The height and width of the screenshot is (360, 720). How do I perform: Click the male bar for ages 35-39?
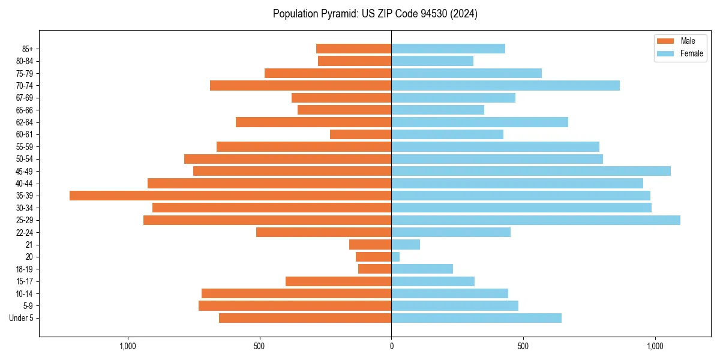pos(230,196)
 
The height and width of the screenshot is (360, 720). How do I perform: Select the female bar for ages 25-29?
pos(536,220)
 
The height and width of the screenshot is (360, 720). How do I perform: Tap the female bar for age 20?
pos(395,257)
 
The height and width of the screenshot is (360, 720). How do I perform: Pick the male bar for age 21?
pos(370,245)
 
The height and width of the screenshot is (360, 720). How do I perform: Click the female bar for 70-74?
pos(505,86)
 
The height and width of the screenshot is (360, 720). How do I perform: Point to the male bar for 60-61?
pos(361,134)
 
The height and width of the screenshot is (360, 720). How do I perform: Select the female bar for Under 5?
pos(476,318)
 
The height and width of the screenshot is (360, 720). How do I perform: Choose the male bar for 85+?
pos(354,49)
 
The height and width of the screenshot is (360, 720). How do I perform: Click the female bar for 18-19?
pos(422,269)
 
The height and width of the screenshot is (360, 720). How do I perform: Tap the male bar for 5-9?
pos(295,306)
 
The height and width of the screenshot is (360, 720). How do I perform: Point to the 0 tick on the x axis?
pos(391,346)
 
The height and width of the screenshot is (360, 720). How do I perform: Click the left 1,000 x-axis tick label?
pos(128,346)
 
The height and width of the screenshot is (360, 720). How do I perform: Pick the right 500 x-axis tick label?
pos(523,346)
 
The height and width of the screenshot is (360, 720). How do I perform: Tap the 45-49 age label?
pos(25,172)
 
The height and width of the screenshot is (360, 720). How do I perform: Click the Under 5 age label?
pos(22,318)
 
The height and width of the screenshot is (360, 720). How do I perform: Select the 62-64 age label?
pos(25,122)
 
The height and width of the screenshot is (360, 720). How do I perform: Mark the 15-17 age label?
pos(25,281)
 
